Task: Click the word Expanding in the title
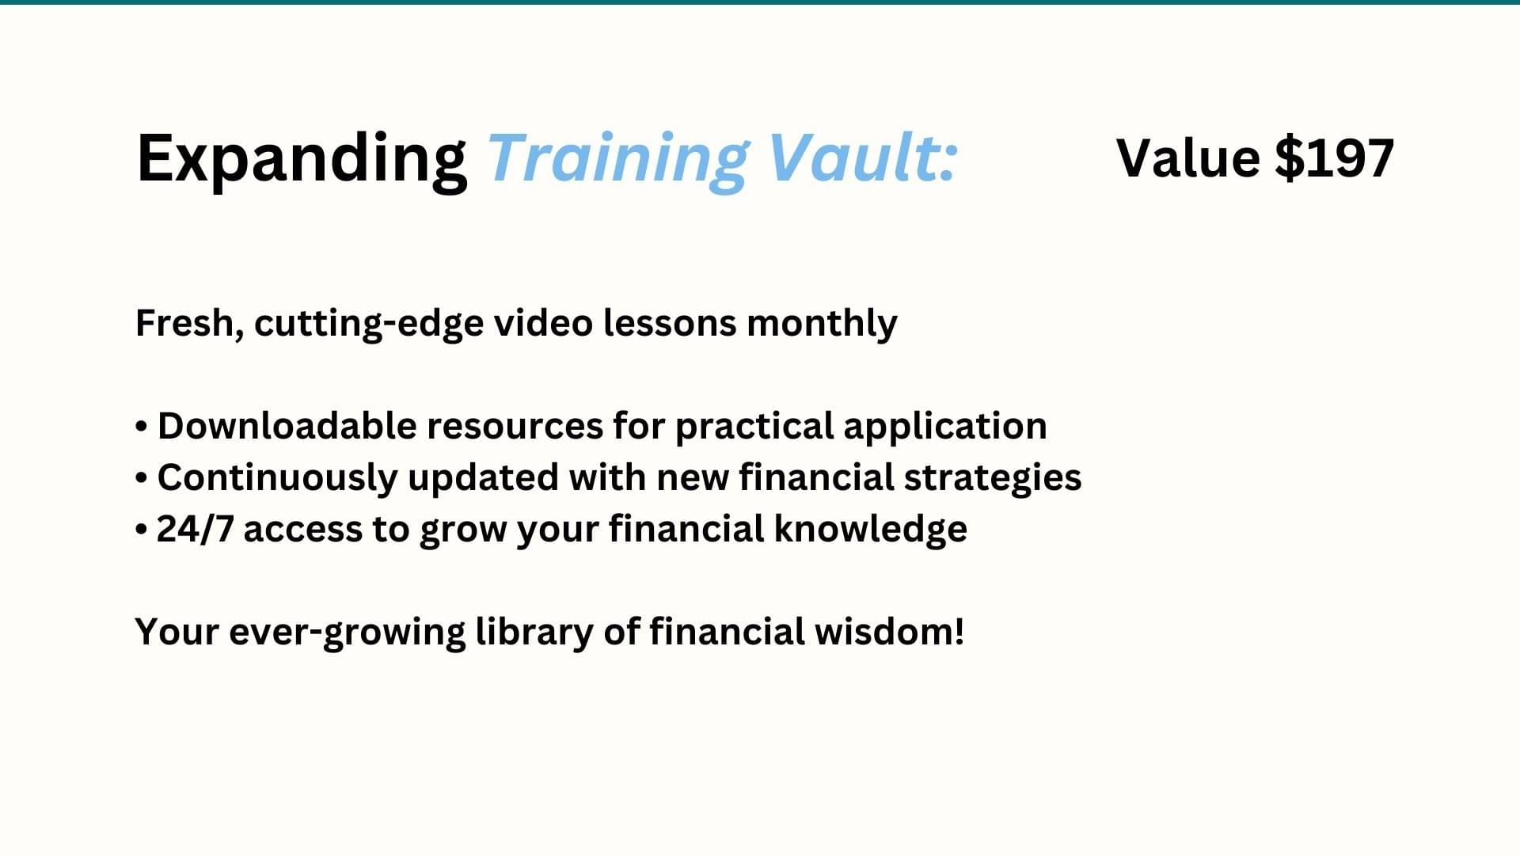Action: tap(302, 161)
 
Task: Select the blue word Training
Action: tap(617, 161)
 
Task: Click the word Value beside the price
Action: tap(1188, 158)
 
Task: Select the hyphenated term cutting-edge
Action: tap(369, 324)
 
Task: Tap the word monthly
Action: tap(822, 324)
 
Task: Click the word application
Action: tap(944, 427)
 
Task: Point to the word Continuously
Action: tap(277, 478)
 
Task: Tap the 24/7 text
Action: tap(196, 529)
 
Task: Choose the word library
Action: tap(534, 633)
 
